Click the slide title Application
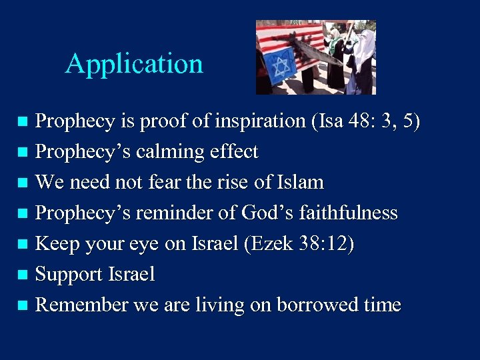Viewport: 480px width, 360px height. [x=134, y=64]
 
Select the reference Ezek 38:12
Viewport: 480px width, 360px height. [x=299, y=244]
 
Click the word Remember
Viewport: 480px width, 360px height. [x=81, y=305]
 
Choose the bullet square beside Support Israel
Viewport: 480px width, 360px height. [x=23, y=274]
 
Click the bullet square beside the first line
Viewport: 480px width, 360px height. [x=23, y=121]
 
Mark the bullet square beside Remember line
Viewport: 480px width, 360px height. [x=23, y=305]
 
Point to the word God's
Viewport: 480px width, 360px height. [x=262, y=213]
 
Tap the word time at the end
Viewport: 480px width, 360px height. [x=383, y=305]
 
